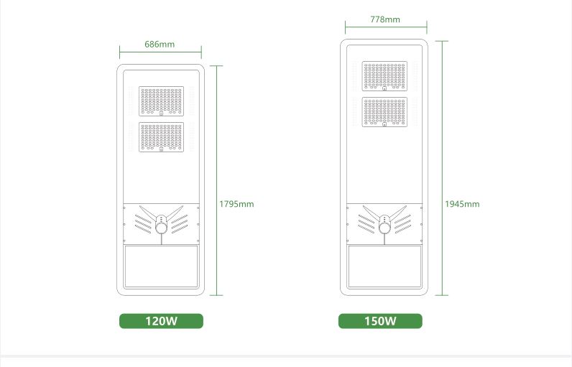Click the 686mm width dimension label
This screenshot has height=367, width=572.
160,44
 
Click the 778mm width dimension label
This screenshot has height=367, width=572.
385,19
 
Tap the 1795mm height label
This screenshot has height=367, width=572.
236,204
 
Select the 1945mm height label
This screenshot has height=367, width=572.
462,204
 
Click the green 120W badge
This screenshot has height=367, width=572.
161,321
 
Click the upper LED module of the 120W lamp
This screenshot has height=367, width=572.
161,101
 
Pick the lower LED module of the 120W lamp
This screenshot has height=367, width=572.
161,137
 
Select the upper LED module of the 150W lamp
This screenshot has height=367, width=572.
384,76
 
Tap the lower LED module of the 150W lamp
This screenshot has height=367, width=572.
384,112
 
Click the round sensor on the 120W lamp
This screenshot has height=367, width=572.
161,228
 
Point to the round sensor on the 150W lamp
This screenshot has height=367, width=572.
384,228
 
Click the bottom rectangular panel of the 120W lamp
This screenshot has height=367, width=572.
161,266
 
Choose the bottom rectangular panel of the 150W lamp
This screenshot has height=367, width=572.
384,266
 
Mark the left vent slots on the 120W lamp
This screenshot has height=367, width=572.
143,224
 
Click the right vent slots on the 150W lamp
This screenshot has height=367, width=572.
402,224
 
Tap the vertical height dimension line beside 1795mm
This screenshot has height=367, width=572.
216,180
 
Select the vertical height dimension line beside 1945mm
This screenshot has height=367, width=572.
442,168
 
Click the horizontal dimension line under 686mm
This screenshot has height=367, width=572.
160,52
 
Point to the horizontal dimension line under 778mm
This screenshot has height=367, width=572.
386,27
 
